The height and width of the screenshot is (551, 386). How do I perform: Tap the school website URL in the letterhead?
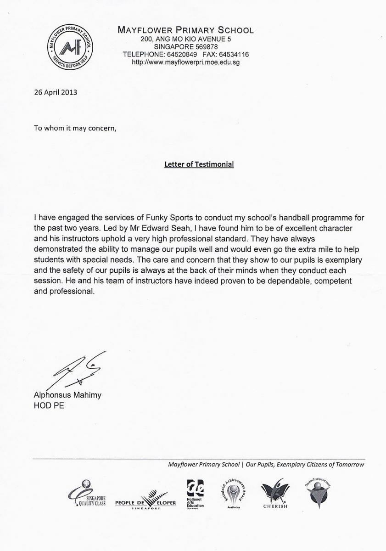(186, 62)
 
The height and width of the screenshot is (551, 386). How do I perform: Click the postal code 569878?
(205, 47)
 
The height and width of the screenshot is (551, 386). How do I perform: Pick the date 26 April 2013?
(56, 92)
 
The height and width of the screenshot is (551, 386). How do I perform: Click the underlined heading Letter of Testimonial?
(199, 164)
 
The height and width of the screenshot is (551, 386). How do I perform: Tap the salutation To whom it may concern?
(75, 128)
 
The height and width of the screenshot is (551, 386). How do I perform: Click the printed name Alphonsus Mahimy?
(67, 395)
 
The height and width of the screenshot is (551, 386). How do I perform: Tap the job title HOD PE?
(49, 406)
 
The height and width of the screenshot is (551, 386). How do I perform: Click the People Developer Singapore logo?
(145, 499)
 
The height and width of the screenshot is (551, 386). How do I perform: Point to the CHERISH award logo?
(275, 493)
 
